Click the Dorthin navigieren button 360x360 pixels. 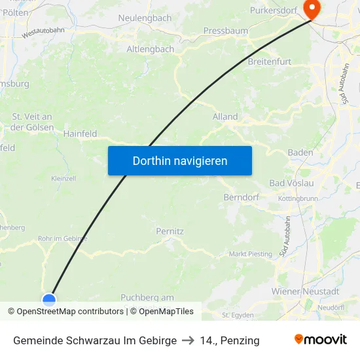point(180,160)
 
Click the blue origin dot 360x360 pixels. point(49,300)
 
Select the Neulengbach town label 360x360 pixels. point(145,18)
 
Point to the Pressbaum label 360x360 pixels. point(226,31)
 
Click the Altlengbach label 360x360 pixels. point(150,49)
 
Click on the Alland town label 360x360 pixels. point(225,117)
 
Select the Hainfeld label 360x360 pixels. point(80,134)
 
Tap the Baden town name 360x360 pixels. point(300,153)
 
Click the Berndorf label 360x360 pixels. point(242,197)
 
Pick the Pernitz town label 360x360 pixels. point(170,231)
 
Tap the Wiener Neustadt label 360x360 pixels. point(305,291)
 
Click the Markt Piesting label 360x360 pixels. point(250,254)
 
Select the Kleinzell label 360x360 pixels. point(63,178)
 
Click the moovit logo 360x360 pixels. point(321,340)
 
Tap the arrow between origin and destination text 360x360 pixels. point(189,340)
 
